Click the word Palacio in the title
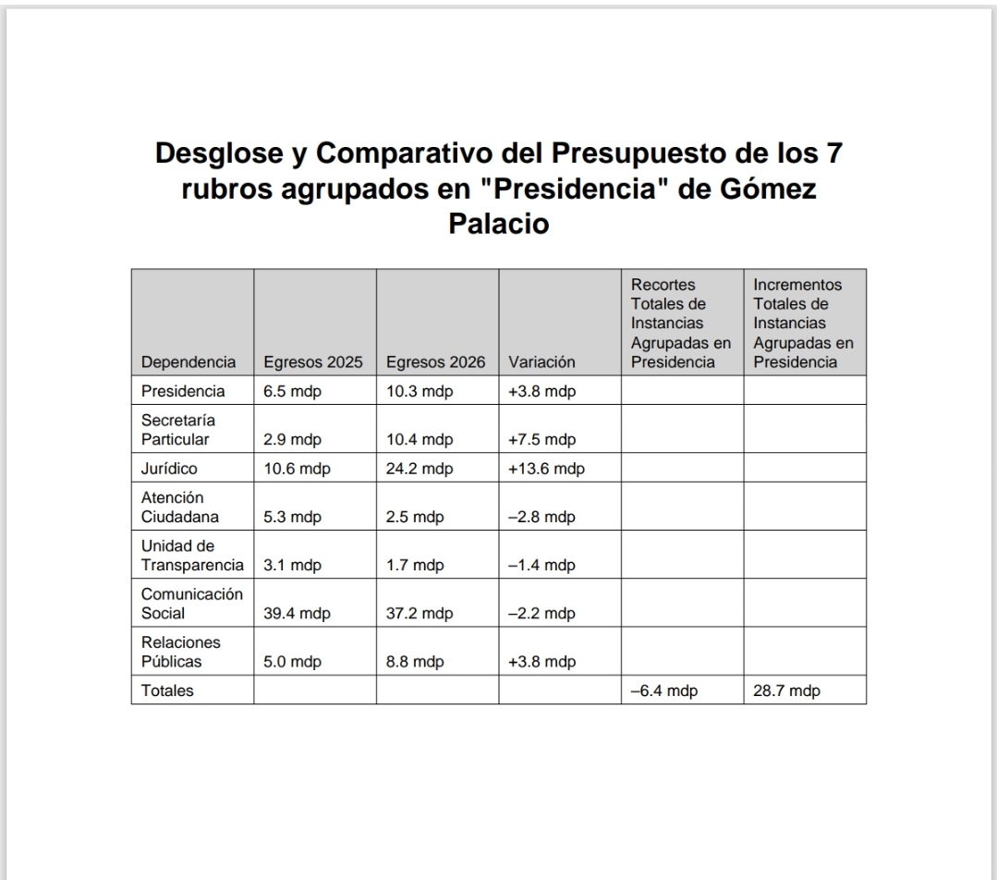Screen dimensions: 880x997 (x=498, y=224)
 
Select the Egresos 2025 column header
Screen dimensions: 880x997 (x=312, y=362)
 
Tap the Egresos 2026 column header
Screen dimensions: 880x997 (x=435, y=362)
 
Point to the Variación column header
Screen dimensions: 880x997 (x=541, y=362)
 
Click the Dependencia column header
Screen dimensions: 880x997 (x=188, y=362)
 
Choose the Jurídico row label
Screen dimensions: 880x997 (x=169, y=469)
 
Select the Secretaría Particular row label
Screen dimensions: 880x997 (x=176, y=430)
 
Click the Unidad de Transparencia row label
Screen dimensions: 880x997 (x=191, y=556)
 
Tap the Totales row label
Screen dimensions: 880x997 (x=167, y=691)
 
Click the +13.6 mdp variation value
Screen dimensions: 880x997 (x=546, y=469)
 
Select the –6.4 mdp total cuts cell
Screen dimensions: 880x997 (x=663, y=691)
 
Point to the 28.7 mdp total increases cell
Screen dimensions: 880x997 (x=786, y=691)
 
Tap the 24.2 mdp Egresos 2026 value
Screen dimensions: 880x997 (x=419, y=469)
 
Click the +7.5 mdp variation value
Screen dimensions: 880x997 (x=541, y=439)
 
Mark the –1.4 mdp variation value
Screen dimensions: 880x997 (x=541, y=566)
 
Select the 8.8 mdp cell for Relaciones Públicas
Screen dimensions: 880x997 (x=415, y=662)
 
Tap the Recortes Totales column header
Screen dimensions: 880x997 (x=681, y=323)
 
